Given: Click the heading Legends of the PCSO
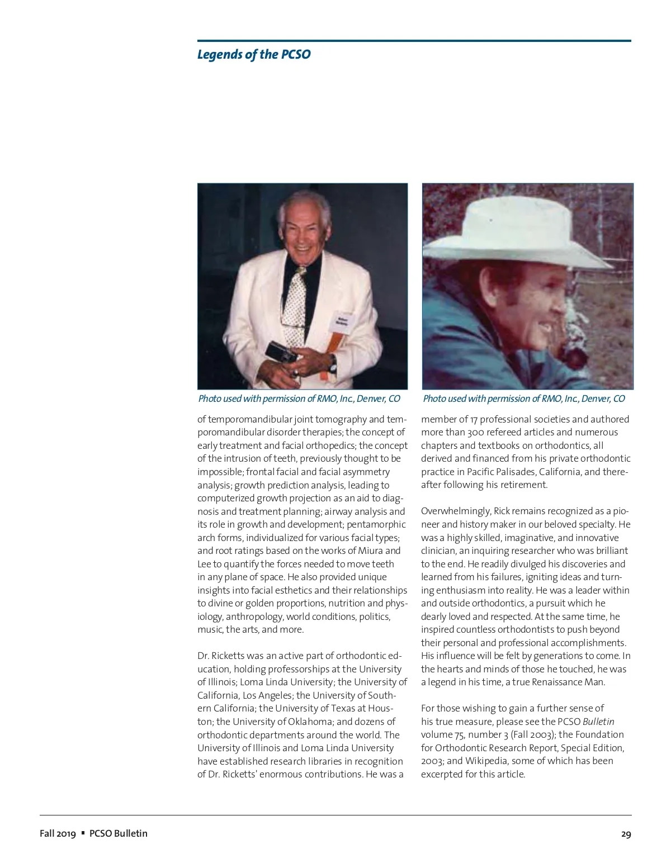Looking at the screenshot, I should coord(253,55).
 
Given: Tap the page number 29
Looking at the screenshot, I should coord(626,834).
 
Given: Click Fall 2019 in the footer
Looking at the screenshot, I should coord(58,833).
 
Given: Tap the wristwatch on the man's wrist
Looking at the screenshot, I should coord(333,364).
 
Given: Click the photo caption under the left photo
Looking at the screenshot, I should coord(299,399).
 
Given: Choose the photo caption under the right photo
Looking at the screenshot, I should coord(524,399).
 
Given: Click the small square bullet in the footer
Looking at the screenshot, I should coord(83,833).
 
